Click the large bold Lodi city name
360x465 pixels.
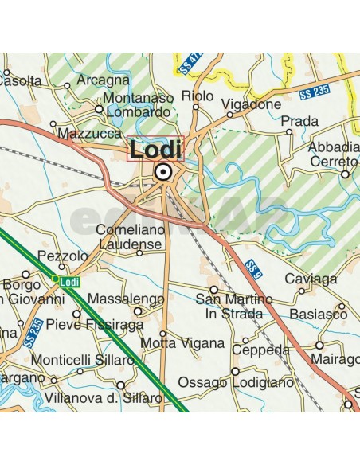coord(155,149)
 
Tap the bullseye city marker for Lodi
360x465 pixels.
coord(163,170)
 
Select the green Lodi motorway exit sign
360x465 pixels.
coord(68,280)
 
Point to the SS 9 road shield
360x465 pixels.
coord(253,265)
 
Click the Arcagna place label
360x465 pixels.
coord(103,80)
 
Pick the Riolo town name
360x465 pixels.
coord(198,96)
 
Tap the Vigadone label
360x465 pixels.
coord(252,104)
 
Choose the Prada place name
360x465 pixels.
coord(300,121)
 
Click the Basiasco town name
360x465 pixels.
coord(319,315)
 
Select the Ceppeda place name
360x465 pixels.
coord(260,350)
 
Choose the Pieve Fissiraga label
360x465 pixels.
coord(94,325)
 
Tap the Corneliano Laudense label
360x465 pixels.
coord(129,236)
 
